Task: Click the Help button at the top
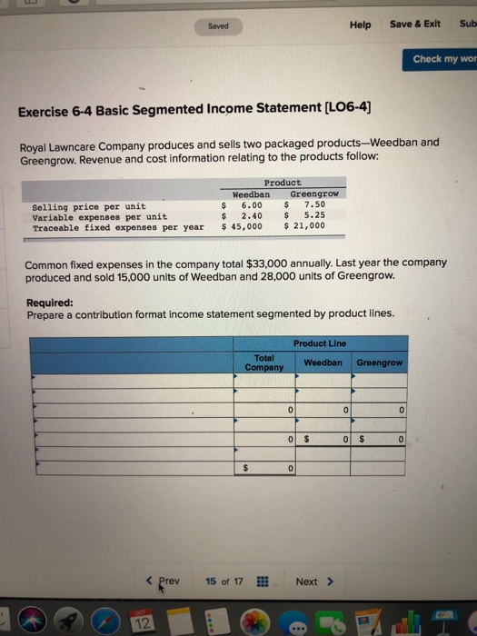click(x=360, y=25)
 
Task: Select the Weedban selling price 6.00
click(x=252, y=205)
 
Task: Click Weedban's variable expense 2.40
click(x=252, y=216)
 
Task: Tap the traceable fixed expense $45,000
click(x=243, y=227)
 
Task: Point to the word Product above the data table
click(x=282, y=183)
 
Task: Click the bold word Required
click(x=50, y=303)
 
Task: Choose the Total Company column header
click(x=264, y=363)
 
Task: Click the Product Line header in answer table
click(x=320, y=343)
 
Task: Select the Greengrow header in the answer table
click(x=380, y=363)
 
